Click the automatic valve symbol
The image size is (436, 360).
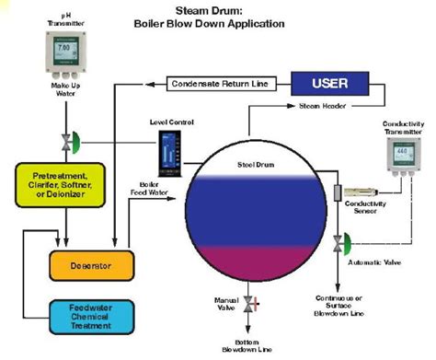[339, 243]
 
